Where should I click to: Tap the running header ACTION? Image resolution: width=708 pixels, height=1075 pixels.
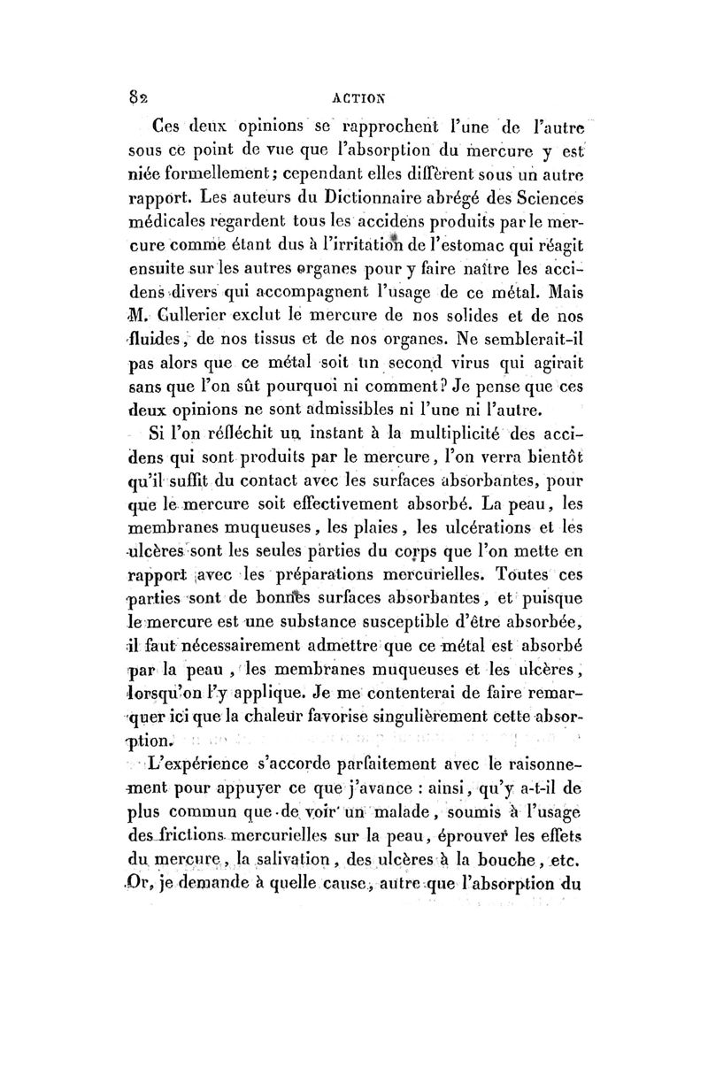coord(357,88)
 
